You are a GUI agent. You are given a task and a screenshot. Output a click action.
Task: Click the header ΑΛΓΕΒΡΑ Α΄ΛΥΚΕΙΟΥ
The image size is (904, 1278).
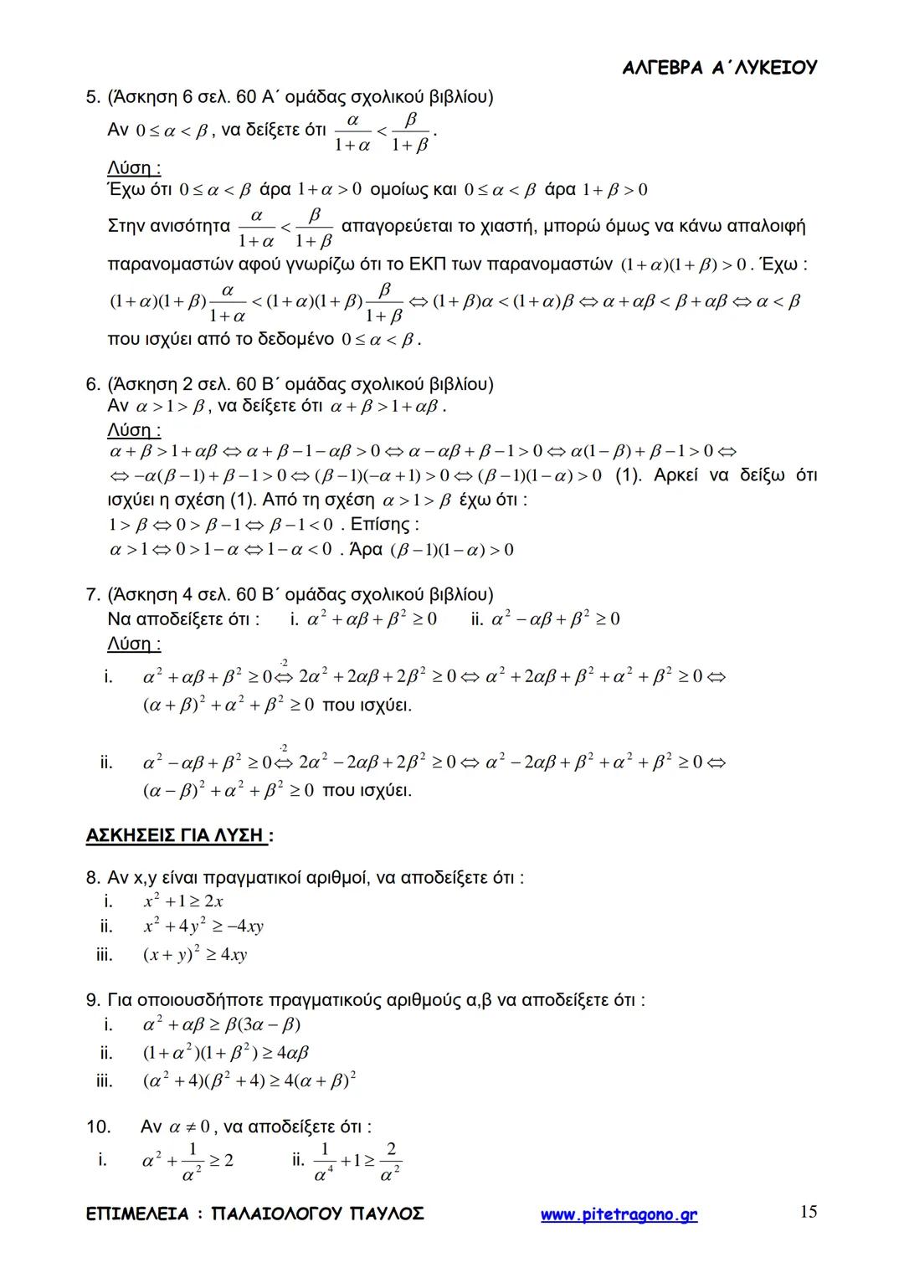pos(720,68)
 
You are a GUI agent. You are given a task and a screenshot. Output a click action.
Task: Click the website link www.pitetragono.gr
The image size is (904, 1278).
pos(619,1214)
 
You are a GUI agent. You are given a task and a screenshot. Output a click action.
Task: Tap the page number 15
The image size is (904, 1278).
pos(808,1212)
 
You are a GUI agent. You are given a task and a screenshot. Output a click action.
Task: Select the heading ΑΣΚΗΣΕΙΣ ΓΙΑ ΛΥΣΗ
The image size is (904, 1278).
pos(177,835)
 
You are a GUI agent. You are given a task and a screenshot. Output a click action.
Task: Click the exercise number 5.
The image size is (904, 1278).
pos(92,97)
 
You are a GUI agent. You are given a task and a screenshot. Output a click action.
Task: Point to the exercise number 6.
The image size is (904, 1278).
pos(92,384)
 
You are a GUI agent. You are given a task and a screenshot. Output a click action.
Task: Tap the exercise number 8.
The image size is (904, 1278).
pos(92,878)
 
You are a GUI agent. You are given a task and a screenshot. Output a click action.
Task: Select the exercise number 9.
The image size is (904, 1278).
pos(92,1000)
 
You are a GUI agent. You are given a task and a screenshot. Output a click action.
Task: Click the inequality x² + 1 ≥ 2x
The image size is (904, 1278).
pos(183,901)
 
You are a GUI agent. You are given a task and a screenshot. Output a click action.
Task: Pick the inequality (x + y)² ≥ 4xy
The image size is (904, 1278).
pos(195,954)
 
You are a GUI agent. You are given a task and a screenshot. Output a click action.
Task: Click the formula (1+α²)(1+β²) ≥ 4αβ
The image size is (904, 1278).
pos(226,1053)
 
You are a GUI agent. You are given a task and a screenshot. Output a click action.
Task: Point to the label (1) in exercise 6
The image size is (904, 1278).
pos(628,475)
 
